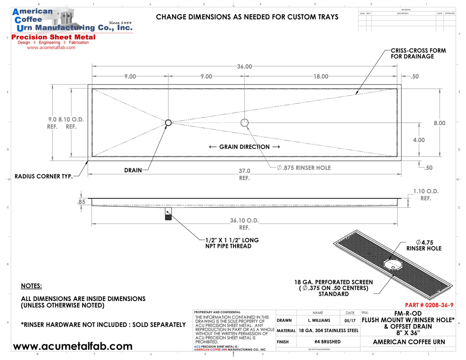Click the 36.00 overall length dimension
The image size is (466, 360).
pos(244,67)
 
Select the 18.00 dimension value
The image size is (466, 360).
pos(321,76)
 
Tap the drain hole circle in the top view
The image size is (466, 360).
pos(168,123)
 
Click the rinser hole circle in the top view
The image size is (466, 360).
pos(245,123)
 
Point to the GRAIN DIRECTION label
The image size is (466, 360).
pos(244,147)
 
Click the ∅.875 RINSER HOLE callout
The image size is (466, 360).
pos(304,168)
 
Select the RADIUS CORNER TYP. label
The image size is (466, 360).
pos(43,177)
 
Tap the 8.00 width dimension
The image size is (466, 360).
pos(439,123)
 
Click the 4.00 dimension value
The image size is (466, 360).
pos(419,140)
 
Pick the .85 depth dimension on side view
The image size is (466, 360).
pos(81,202)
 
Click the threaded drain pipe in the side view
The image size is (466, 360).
pos(168,215)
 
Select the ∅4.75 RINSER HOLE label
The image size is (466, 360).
pos(424,245)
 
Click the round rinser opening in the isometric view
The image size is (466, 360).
pos(393,264)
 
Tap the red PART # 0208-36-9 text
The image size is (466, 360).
pos(429,305)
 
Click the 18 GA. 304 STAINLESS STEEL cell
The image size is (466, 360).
pos(328,331)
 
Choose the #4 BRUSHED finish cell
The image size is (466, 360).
pos(328,342)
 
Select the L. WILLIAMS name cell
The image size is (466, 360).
pos(319,321)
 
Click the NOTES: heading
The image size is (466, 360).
pos(31,286)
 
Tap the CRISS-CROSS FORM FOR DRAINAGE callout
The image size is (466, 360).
pos(418,54)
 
